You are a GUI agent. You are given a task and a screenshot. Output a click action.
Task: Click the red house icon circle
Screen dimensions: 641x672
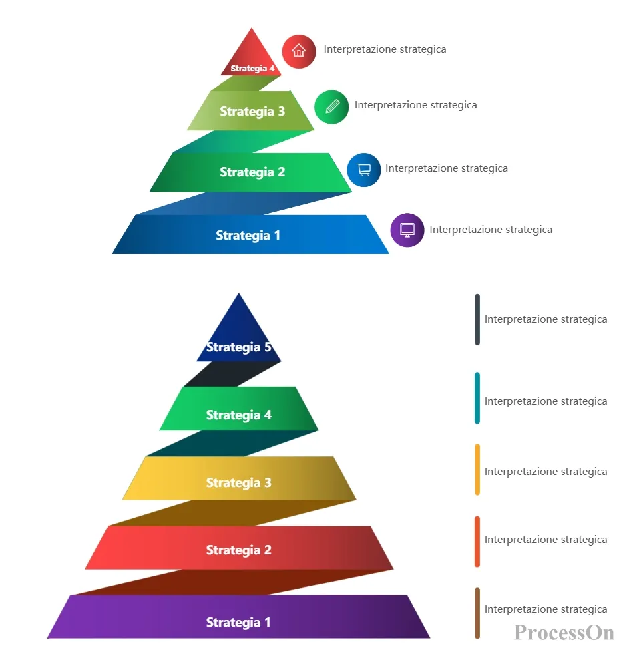(x=299, y=51)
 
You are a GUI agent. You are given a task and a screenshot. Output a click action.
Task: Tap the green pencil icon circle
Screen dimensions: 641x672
(x=332, y=107)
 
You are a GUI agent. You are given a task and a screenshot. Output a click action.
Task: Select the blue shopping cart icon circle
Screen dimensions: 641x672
(x=364, y=170)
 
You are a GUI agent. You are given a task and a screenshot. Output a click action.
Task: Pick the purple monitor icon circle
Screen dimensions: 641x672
(x=407, y=230)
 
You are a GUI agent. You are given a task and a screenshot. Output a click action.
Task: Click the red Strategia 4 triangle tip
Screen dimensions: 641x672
(x=252, y=28)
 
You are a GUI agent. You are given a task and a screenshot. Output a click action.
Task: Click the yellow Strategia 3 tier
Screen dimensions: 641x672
(x=239, y=478)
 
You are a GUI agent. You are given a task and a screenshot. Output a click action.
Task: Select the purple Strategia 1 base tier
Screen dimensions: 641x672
(x=238, y=617)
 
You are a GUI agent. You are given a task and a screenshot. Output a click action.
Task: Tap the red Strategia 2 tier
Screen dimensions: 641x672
(x=239, y=548)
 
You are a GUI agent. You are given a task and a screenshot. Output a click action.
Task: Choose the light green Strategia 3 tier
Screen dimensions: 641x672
(x=250, y=111)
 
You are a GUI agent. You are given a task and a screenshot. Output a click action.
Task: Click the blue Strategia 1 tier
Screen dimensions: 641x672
(x=250, y=234)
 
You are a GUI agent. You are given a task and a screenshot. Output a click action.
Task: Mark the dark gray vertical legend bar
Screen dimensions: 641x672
(x=477, y=320)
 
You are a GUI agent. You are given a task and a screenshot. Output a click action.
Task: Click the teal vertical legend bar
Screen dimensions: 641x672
(x=477, y=398)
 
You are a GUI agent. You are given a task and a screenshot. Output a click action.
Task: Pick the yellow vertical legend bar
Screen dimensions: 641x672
(x=477, y=470)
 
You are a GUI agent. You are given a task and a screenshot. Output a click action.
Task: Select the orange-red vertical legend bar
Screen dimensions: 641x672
(x=477, y=542)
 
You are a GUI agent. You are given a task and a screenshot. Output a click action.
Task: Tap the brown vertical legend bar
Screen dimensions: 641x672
(x=477, y=613)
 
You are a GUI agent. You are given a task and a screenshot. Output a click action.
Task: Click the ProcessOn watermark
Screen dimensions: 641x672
(x=564, y=633)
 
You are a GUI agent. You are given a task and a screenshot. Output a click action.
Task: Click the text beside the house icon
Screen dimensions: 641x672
(x=385, y=49)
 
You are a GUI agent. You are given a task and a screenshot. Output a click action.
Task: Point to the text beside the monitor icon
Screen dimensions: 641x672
(x=491, y=230)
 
